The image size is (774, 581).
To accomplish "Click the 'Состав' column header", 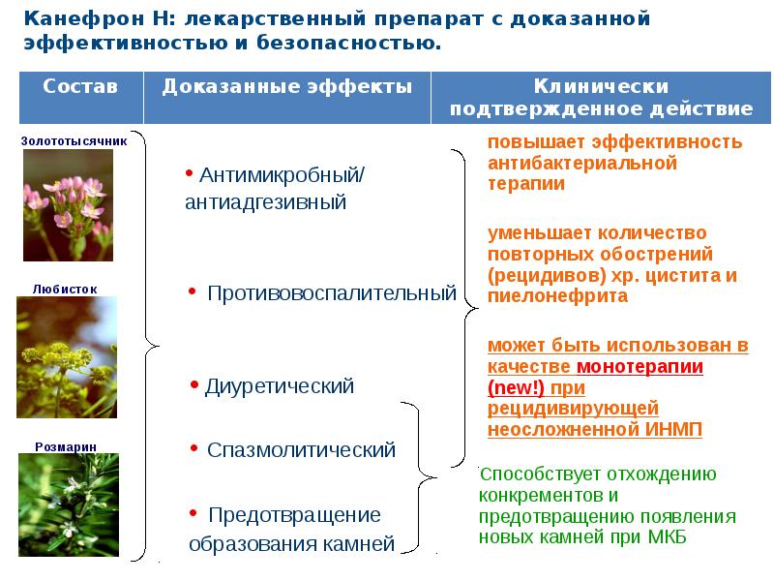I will [80, 86].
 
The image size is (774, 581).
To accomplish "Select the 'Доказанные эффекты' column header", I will [287, 86].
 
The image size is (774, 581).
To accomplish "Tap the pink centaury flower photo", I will [69, 204].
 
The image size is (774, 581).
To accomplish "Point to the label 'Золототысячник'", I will [74, 140].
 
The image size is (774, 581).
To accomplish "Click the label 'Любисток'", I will [65, 289].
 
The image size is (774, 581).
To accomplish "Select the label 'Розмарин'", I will [65, 446].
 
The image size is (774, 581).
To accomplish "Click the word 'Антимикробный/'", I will [281, 176].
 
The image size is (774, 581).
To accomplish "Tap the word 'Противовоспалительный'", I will [332, 292].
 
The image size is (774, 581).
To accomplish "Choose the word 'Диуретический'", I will [280, 386].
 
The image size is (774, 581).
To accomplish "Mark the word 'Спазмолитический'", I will [302, 450].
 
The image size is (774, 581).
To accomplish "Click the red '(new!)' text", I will [518, 388].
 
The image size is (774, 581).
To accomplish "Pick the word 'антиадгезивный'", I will [265, 202].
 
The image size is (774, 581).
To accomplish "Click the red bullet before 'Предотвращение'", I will [193, 509].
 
